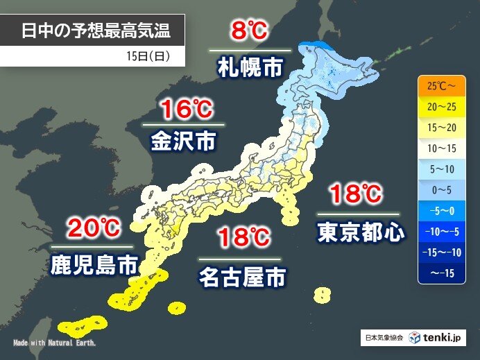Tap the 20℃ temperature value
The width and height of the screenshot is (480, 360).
click(92, 228)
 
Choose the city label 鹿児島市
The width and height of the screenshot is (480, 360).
click(92, 264)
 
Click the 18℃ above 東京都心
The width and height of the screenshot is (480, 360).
click(357, 194)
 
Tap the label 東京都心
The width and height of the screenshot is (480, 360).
click(361, 231)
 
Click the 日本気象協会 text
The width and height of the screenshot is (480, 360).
click(382, 338)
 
